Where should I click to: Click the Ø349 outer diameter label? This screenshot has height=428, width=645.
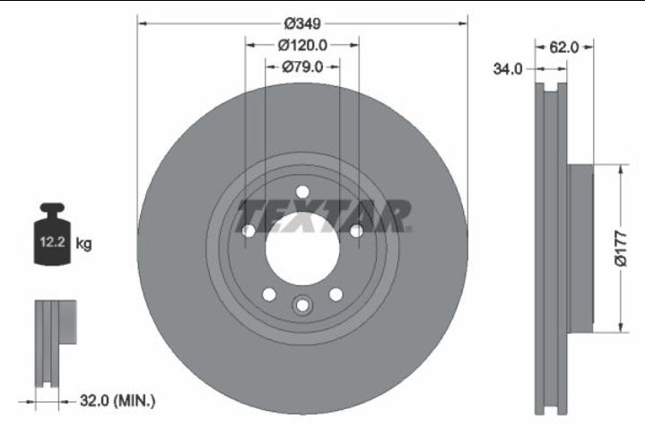point(302,24)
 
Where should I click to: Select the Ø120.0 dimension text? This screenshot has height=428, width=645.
point(301,45)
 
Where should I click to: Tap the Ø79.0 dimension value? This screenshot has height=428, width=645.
point(301,66)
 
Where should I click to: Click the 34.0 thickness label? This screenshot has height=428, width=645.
point(508,69)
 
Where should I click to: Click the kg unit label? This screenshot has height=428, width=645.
point(83,243)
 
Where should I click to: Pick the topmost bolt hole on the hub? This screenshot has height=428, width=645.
point(301,191)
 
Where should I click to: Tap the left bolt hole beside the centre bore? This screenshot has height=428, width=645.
point(248,231)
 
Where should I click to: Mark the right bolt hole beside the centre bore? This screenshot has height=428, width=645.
point(355,231)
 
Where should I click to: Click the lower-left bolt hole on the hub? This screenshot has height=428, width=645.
point(268,294)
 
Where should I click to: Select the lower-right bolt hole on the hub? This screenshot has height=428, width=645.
point(336,294)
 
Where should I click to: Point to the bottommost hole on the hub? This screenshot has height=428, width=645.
point(301,306)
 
